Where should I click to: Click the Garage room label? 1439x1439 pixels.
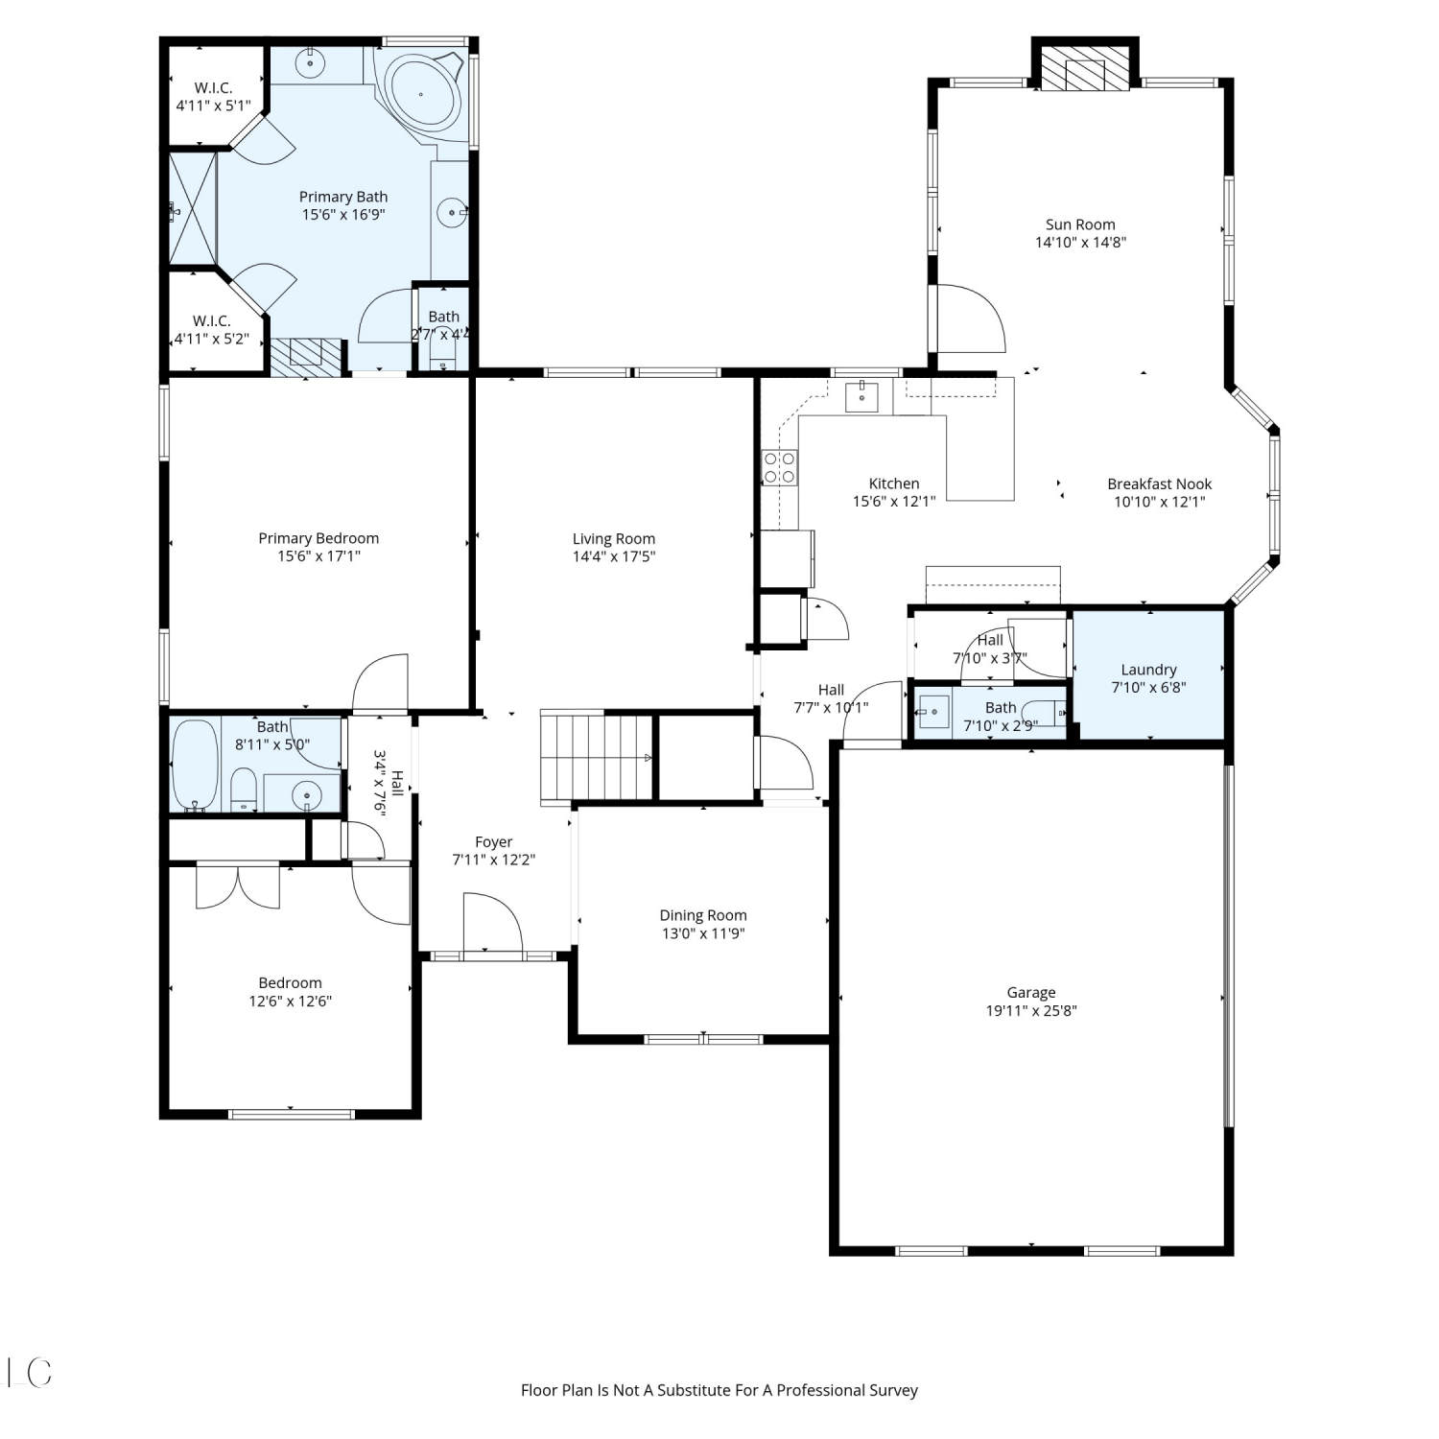[x=1031, y=993]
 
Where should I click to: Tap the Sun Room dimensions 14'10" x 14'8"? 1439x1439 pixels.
[x=1080, y=243]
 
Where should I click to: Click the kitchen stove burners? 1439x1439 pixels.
[x=779, y=466]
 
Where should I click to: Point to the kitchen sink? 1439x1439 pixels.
[x=861, y=396]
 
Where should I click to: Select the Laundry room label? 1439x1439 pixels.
[x=1148, y=670]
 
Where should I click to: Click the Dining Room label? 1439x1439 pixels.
[x=703, y=915]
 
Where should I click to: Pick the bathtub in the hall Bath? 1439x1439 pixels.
[x=196, y=766]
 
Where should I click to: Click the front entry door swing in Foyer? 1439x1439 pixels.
[x=493, y=924]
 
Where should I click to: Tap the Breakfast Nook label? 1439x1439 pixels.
[x=1160, y=484]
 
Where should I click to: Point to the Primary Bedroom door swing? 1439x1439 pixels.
[x=381, y=683]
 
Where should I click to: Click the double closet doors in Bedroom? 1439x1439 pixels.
[x=238, y=886]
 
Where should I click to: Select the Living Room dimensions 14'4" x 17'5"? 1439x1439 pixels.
[x=614, y=556]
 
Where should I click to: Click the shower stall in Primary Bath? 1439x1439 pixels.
[x=194, y=208]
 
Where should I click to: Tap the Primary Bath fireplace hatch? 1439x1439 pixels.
[x=306, y=356]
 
